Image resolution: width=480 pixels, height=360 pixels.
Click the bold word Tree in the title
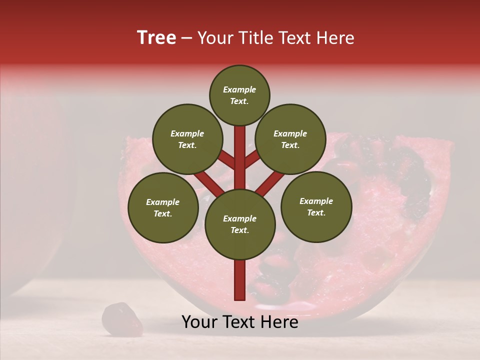[x=156, y=38]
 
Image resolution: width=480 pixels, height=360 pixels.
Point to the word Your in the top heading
[x=216, y=38]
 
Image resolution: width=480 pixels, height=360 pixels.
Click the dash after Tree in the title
[x=186, y=38]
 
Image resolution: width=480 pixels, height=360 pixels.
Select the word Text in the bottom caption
[x=239, y=322]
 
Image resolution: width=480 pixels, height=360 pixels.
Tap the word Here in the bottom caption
[x=279, y=322]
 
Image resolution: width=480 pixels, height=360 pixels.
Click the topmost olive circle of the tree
[x=239, y=95]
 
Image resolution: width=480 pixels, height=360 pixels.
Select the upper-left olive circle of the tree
[x=187, y=139]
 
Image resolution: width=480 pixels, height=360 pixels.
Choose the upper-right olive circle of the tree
[x=290, y=139]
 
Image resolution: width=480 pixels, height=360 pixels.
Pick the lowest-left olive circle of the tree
[x=163, y=207]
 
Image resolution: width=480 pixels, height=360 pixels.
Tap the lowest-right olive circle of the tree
[x=316, y=206]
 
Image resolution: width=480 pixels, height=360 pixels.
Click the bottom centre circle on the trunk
[x=239, y=224]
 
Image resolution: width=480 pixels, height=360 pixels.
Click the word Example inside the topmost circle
[x=239, y=89]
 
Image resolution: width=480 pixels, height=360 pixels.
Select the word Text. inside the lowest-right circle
[x=316, y=212]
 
